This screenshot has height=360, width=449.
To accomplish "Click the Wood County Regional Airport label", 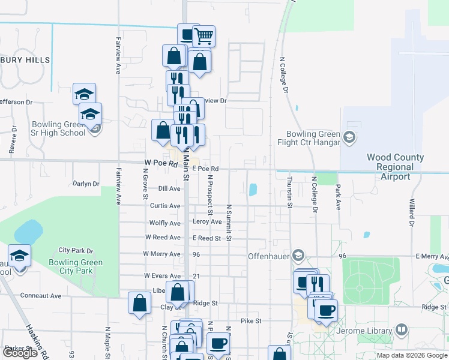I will [396, 167].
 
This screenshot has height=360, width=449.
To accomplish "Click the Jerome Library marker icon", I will [402, 330].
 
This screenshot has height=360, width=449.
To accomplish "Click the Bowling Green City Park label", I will [76, 266].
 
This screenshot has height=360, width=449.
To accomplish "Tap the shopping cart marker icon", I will [203, 37].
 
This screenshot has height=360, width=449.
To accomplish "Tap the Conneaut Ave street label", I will [41, 296].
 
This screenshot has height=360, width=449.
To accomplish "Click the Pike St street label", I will [251, 321].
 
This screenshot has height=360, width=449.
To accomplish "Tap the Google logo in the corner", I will [20, 353].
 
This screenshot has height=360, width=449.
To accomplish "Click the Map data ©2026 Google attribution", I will [411, 355].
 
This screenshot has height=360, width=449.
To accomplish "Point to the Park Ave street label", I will [338, 197].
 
